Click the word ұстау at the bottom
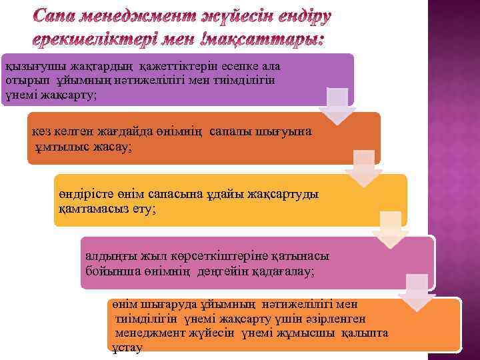point(127,347)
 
